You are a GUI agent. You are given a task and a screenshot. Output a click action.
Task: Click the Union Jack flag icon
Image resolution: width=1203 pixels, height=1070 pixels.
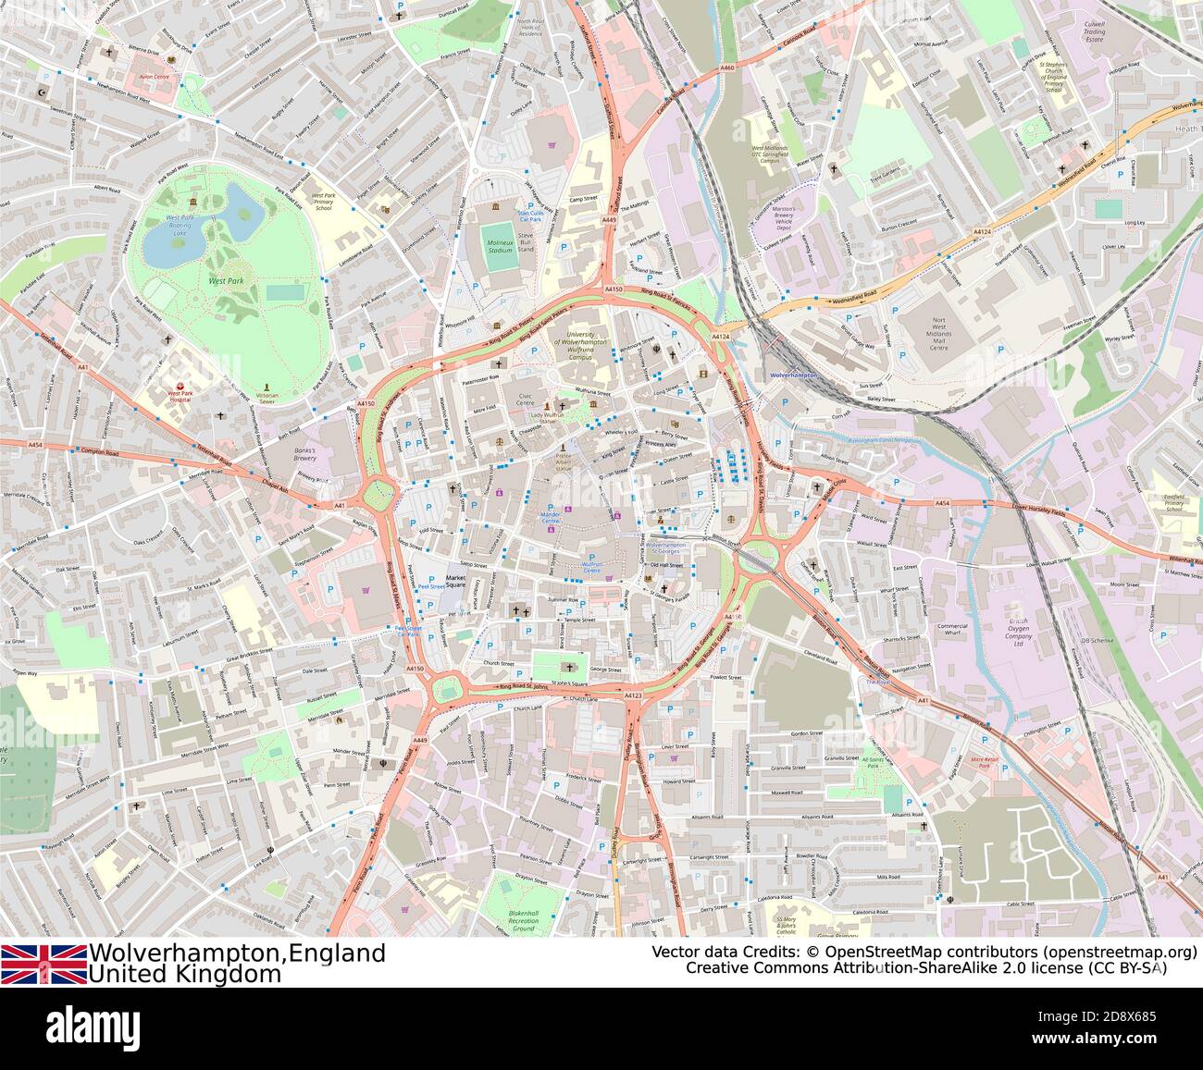43,964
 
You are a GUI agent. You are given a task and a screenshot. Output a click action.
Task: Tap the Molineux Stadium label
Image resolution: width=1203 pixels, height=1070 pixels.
500,246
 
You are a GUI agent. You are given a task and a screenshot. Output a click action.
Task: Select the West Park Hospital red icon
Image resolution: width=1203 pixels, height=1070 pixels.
180,386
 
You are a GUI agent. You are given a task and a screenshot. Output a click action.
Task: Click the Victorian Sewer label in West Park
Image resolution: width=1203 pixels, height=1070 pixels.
267,399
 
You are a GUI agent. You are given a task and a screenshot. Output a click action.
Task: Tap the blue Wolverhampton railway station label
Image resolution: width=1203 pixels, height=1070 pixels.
793,375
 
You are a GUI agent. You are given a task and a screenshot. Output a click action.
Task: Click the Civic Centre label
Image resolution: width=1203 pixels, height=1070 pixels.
526,399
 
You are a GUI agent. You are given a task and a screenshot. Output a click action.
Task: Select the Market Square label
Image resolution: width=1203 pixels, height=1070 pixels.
455,582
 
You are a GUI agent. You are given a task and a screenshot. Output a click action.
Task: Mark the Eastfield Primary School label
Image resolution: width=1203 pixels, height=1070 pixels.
1173,503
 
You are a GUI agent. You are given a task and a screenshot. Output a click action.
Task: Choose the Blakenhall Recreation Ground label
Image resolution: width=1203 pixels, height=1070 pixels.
523,920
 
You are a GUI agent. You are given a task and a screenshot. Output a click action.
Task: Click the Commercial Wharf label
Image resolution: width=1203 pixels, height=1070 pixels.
951,631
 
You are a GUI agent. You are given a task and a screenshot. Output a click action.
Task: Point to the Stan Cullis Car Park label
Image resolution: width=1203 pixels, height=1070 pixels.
529,216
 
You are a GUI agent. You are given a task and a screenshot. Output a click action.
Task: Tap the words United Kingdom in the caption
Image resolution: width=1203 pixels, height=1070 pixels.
184,974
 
